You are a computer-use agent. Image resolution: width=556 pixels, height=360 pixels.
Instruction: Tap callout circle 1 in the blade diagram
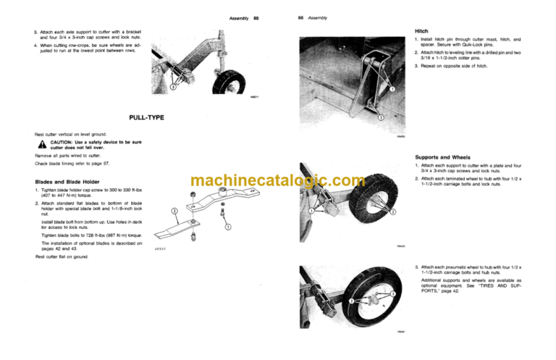[227, 227]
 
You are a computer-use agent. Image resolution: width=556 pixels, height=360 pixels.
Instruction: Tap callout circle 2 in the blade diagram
[174, 212]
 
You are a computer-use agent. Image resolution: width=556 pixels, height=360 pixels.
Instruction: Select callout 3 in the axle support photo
[172, 88]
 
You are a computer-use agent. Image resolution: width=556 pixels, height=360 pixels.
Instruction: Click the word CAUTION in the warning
[65, 143]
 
